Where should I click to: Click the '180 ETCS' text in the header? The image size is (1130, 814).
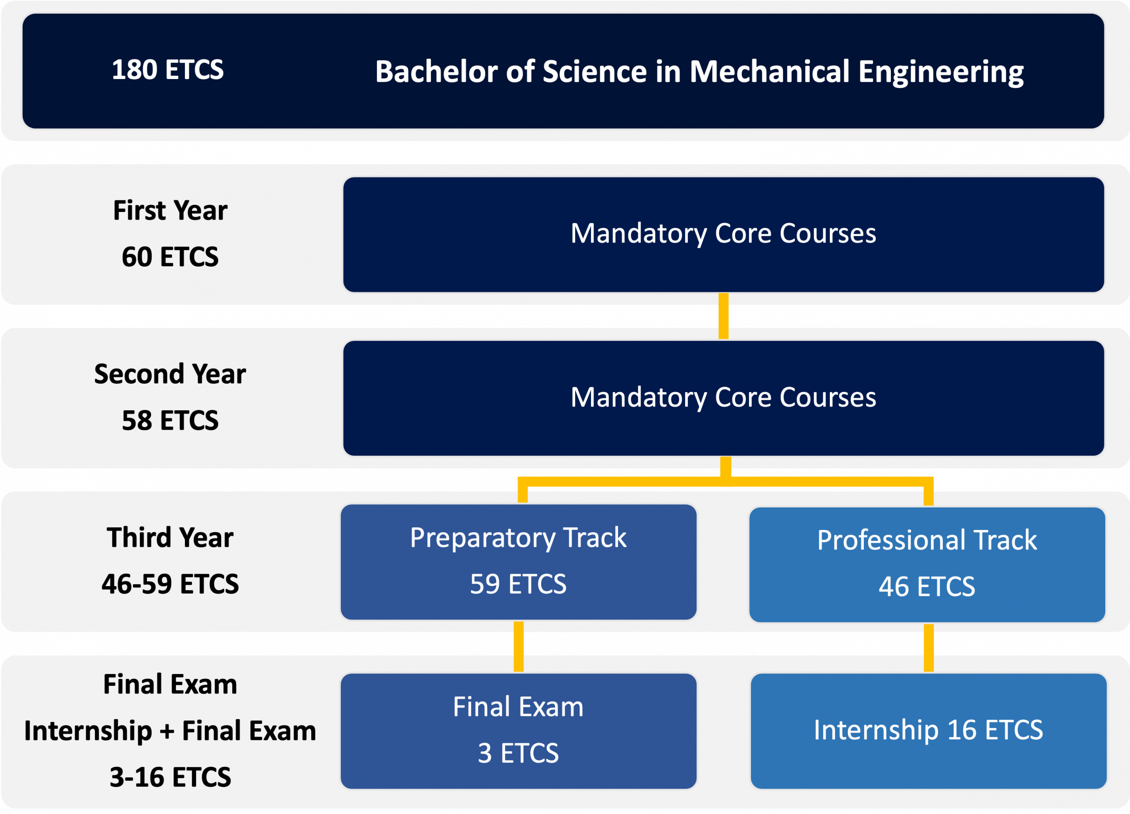(x=167, y=69)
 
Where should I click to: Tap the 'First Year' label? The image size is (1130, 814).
(x=170, y=210)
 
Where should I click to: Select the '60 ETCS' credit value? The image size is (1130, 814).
(x=170, y=257)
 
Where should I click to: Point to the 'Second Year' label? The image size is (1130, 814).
(x=170, y=374)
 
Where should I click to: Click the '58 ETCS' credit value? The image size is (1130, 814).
(x=170, y=420)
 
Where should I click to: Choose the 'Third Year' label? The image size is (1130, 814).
(x=170, y=538)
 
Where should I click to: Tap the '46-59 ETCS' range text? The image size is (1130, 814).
(x=170, y=584)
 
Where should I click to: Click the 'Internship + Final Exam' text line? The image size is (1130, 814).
(x=170, y=731)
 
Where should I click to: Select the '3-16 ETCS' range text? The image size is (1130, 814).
(x=170, y=777)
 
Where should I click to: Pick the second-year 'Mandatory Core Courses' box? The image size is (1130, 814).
(x=723, y=398)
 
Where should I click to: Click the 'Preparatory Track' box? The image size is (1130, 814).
(x=518, y=562)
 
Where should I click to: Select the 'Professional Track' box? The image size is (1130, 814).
(x=927, y=565)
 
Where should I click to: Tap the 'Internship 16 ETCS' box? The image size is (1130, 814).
(x=928, y=731)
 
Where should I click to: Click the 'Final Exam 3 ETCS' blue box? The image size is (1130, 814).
(x=518, y=731)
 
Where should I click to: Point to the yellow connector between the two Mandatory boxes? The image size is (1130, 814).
(x=723, y=316)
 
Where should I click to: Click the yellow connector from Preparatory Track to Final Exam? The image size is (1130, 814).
(x=519, y=647)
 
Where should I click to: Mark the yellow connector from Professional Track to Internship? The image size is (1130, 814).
(x=928, y=648)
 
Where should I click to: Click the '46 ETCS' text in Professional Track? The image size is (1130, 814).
(x=927, y=587)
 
